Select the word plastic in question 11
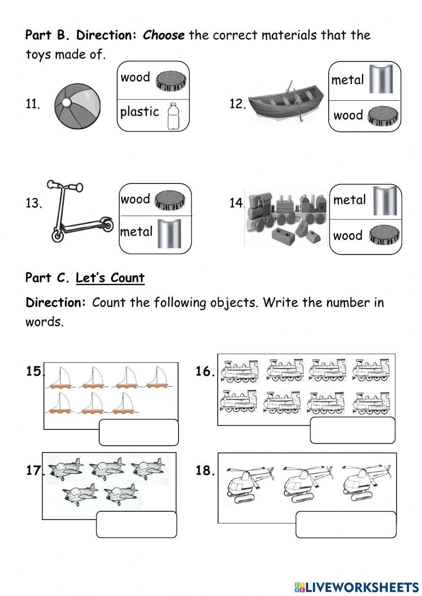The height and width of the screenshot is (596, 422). pyautogui.click(x=140, y=112)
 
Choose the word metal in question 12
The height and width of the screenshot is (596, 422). pyautogui.click(x=347, y=80)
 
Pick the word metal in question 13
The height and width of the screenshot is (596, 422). pyautogui.click(x=136, y=232)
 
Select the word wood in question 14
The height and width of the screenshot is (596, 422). pyautogui.click(x=348, y=236)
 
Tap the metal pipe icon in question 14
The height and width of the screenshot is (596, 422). pyautogui.click(x=385, y=201)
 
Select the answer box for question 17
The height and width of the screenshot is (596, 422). pyautogui.click(x=136, y=524)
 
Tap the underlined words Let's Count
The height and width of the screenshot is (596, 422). pyautogui.click(x=110, y=278)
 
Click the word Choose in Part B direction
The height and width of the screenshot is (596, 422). pyautogui.click(x=164, y=35)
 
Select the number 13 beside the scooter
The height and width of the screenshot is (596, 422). pyautogui.click(x=34, y=203)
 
